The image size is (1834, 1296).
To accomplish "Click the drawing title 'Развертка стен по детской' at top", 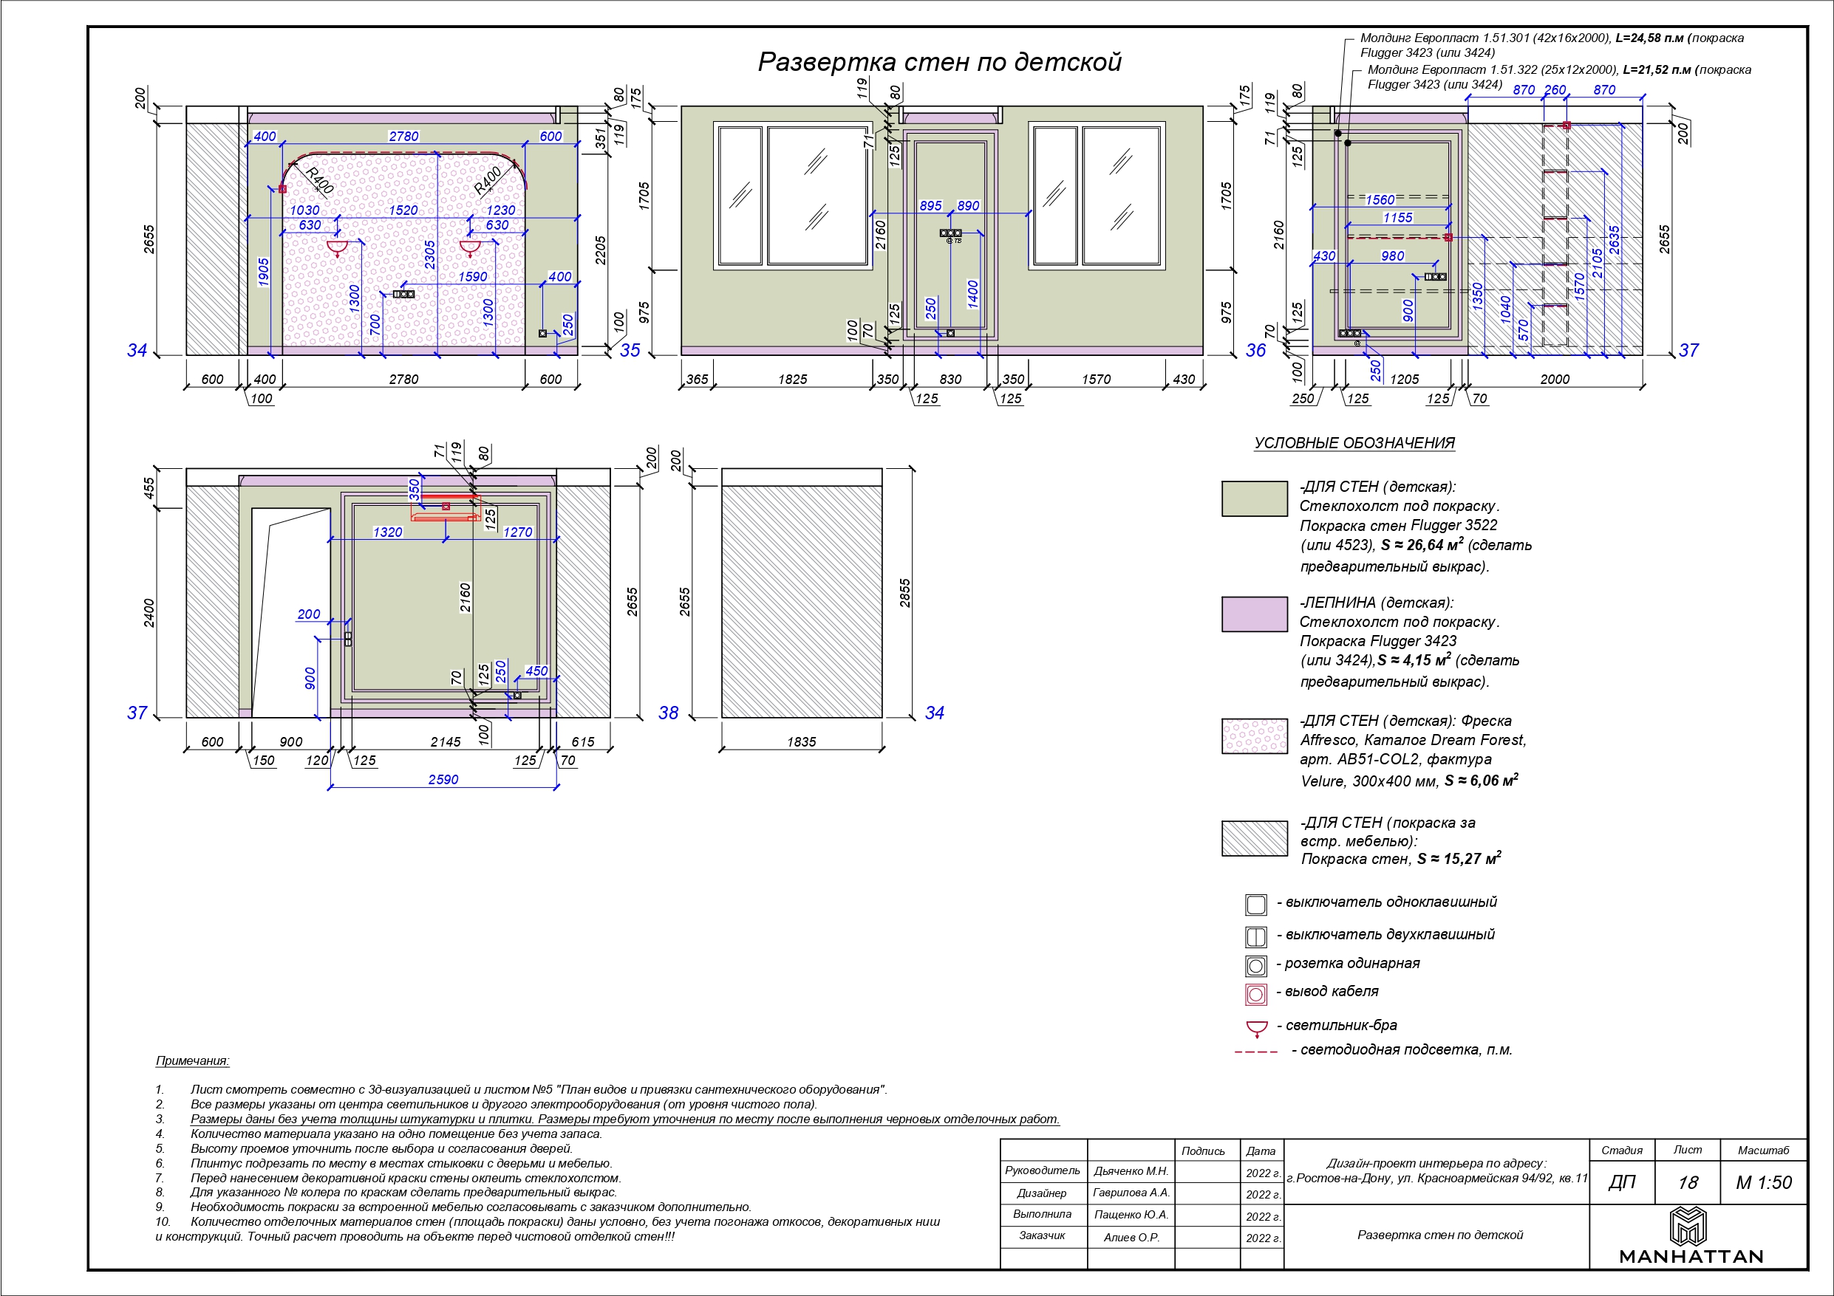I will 939,62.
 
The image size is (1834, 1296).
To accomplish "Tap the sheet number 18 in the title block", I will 1687,1182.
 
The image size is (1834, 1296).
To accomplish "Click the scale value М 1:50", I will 1764,1182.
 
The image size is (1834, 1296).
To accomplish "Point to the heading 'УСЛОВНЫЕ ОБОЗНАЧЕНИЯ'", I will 1354,443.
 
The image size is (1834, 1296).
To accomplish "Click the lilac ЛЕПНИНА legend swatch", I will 1254,614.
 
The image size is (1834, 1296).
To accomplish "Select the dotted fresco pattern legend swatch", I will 1254,736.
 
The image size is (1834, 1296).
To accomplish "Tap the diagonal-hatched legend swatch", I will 1254,838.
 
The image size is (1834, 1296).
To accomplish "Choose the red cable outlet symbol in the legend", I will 1255,994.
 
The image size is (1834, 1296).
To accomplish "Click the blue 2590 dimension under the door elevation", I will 443,780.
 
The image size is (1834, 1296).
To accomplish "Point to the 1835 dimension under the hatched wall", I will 801,742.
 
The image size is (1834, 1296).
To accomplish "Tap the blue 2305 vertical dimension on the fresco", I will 430,255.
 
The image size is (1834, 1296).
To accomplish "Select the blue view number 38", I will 668,713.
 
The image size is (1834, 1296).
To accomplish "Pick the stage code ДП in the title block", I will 1621,1182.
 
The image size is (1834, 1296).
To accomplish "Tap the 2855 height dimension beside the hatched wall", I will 905,593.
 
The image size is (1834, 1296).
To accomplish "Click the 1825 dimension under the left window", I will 792,380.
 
